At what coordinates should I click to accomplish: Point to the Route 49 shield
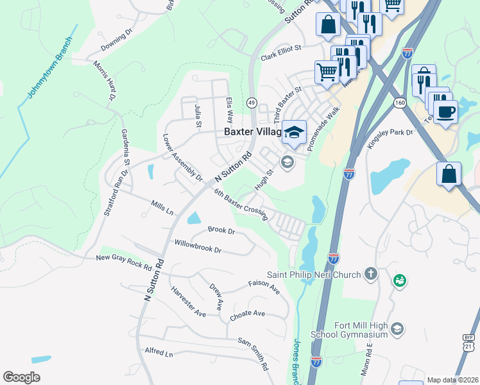pyautogui.click(x=252, y=103)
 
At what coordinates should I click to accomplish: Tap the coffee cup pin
pyautogui.click(x=445, y=111)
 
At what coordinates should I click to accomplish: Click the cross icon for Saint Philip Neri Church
pyautogui.click(x=370, y=274)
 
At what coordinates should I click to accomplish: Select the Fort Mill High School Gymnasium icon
pyautogui.click(x=397, y=329)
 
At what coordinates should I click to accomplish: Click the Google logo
pyautogui.click(x=21, y=377)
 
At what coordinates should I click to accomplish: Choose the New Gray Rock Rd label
pyautogui.click(x=123, y=262)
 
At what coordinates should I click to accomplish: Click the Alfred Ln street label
pyautogui.click(x=159, y=354)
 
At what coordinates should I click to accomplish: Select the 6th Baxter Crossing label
pyautogui.click(x=241, y=205)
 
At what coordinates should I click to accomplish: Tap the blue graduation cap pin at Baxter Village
pyautogui.click(x=294, y=132)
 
